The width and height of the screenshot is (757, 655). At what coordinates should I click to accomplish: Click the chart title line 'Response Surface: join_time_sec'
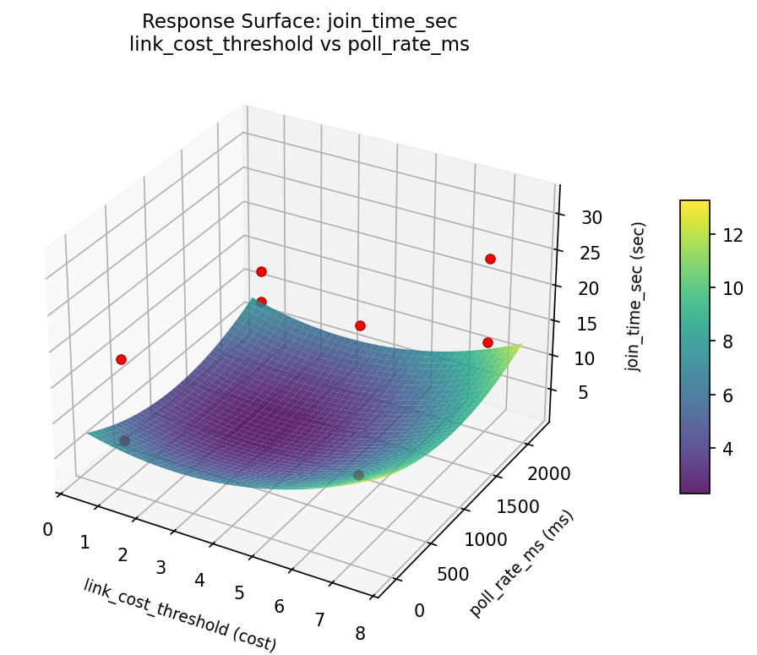click(x=299, y=21)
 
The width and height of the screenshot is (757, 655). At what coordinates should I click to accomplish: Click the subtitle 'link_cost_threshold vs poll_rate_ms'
click(x=299, y=45)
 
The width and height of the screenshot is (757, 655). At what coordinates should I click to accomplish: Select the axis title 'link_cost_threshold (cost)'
click(x=179, y=615)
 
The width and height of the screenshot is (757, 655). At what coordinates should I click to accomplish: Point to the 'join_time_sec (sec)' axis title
click(x=639, y=297)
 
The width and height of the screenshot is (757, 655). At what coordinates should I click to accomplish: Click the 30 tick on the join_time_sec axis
click(x=591, y=217)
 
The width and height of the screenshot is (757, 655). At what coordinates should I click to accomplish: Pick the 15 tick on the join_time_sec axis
click(x=591, y=323)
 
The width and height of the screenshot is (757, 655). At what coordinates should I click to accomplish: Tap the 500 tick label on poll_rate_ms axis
click(x=455, y=575)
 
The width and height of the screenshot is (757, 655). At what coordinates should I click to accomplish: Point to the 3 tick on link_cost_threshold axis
click(x=161, y=567)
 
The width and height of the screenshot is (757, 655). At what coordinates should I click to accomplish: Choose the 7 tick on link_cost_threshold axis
click(x=319, y=620)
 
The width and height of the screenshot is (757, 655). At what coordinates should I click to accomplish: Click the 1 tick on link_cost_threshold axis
click(x=84, y=542)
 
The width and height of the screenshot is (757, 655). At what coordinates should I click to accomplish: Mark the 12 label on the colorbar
click(x=732, y=237)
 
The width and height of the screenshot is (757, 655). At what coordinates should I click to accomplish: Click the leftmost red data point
click(x=121, y=359)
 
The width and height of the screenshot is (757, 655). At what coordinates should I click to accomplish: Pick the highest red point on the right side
click(x=490, y=259)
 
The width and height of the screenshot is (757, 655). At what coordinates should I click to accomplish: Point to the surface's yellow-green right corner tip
click(x=520, y=345)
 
